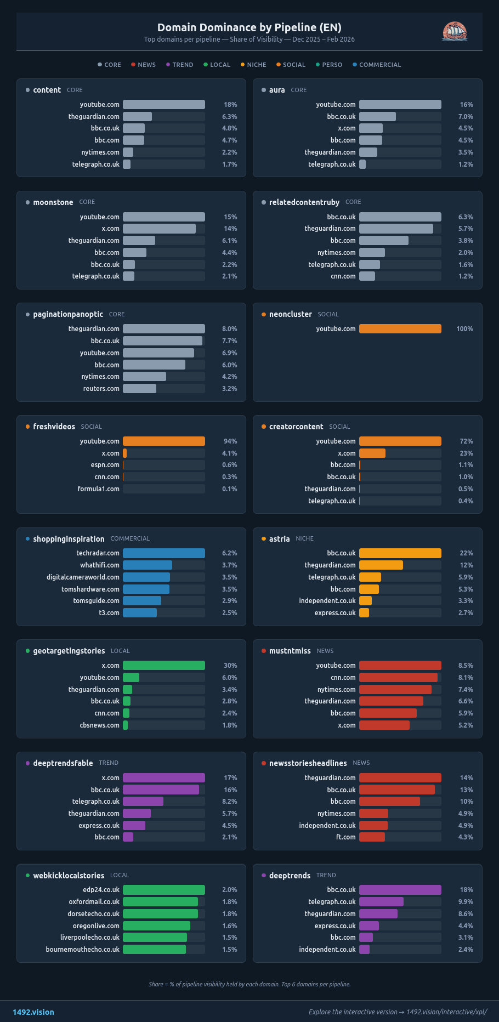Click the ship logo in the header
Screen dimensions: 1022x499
pos(455,31)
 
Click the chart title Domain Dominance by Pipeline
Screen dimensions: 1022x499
pos(249,27)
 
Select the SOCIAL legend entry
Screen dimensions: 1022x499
pos(291,65)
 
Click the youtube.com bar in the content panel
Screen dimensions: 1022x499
pos(163,105)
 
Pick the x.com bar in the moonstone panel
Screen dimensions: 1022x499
pos(159,229)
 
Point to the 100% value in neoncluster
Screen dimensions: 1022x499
pos(464,329)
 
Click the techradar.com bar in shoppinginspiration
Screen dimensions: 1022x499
pos(163,553)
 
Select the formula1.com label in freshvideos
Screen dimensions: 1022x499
pos(98,489)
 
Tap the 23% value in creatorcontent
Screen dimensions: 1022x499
pos(466,453)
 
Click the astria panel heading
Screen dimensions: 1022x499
pos(279,539)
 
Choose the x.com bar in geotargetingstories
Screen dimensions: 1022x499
pos(163,666)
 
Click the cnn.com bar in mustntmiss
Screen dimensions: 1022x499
pos(398,678)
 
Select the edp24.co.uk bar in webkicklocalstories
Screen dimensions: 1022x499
pos(163,890)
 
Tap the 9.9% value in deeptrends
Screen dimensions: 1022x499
pos(466,902)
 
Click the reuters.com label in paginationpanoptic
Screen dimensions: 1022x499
pos(101,389)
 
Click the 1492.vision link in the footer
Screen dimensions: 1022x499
pos(33,1012)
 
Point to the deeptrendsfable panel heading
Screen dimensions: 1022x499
pos(63,763)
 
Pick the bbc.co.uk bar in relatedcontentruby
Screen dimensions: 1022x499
pos(400,217)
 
